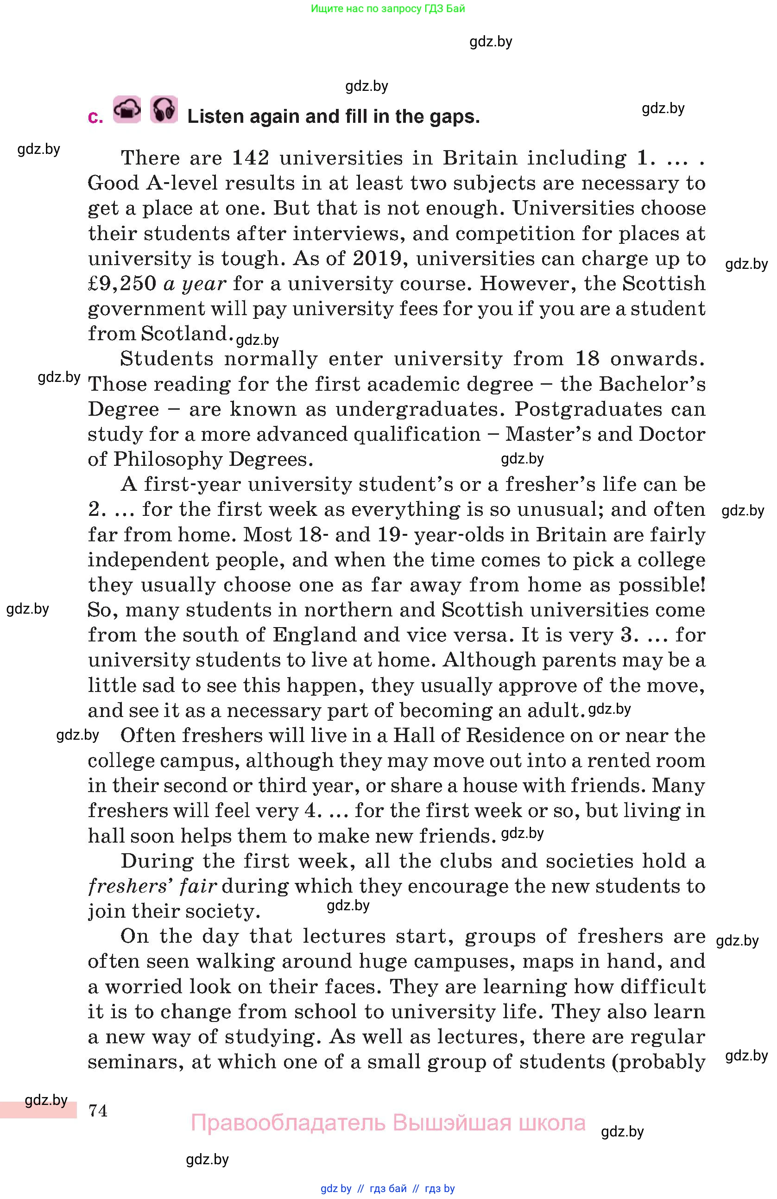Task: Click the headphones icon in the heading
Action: (x=164, y=109)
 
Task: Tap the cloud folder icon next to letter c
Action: (x=127, y=109)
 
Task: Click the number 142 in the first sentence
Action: (x=250, y=158)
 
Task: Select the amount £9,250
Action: (x=122, y=284)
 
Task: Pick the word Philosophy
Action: (x=168, y=459)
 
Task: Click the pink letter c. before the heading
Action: (x=95, y=117)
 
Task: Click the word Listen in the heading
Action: (x=215, y=116)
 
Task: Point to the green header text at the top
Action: (x=388, y=8)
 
